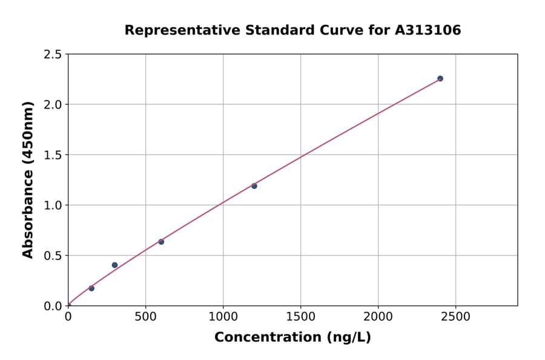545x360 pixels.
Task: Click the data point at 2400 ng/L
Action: pyautogui.click(x=440, y=78)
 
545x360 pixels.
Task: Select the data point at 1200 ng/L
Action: pyautogui.click(x=254, y=186)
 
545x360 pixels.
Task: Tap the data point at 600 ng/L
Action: pyautogui.click(x=161, y=242)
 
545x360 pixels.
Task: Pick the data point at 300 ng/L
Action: pyautogui.click(x=114, y=265)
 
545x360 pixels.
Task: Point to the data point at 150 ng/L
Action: pyautogui.click(x=91, y=288)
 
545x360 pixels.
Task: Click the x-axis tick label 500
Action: pyautogui.click(x=145, y=316)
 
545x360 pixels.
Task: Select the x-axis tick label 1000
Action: pyautogui.click(x=223, y=316)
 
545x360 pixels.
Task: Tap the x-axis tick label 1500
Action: pyautogui.click(x=300, y=316)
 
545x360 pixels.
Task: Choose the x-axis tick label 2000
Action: pyautogui.click(x=378, y=316)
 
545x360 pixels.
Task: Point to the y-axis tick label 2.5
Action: pyautogui.click(x=53, y=55)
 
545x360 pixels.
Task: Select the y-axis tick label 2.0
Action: pyautogui.click(x=53, y=105)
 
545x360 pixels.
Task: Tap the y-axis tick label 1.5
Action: pyautogui.click(x=53, y=155)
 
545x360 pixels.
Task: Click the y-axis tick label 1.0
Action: pyautogui.click(x=53, y=205)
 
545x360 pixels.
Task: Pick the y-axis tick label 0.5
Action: pyautogui.click(x=53, y=256)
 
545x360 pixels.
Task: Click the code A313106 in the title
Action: pyautogui.click(x=429, y=30)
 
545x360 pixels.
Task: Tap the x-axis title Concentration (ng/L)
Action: pyautogui.click(x=292, y=337)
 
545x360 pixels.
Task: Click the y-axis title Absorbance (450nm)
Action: pyautogui.click(x=28, y=179)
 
